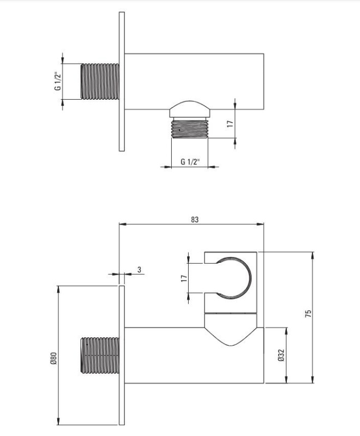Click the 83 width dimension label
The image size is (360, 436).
pyautogui.click(x=195, y=220)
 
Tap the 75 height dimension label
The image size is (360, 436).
pyautogui.click(x=308, y=314)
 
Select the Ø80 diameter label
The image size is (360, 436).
pyautogui.click(x=53, y=358)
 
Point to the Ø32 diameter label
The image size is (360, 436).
pyautogui.click(x=281, y=355)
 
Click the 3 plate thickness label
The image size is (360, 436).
pyautogui.click(x=140, y=269)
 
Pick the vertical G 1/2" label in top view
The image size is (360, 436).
pyautogui.click(x=58, y=81)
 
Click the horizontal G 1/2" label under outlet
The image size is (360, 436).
pyautogui.click(x=190, y=161)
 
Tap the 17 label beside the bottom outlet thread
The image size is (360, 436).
pyautogui.click(x=230, y=124)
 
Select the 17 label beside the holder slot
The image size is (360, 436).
pyautogui.click(x=184, y=278)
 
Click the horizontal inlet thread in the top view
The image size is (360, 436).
pyautogui.click(x=100, y=81)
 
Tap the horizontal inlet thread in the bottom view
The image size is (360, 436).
pyautogui.click(x=100, y=355)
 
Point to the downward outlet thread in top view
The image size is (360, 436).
pyautogui.click(x=190, y=128)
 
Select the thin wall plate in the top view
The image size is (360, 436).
pyautogui.click(x=122, y=81)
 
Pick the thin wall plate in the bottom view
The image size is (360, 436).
pyautogui.click(x=122, y=355)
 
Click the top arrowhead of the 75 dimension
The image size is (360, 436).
pyautogui.click(x=313, y=256)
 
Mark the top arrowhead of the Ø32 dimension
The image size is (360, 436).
pyautogui.click(x=286, y=331)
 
